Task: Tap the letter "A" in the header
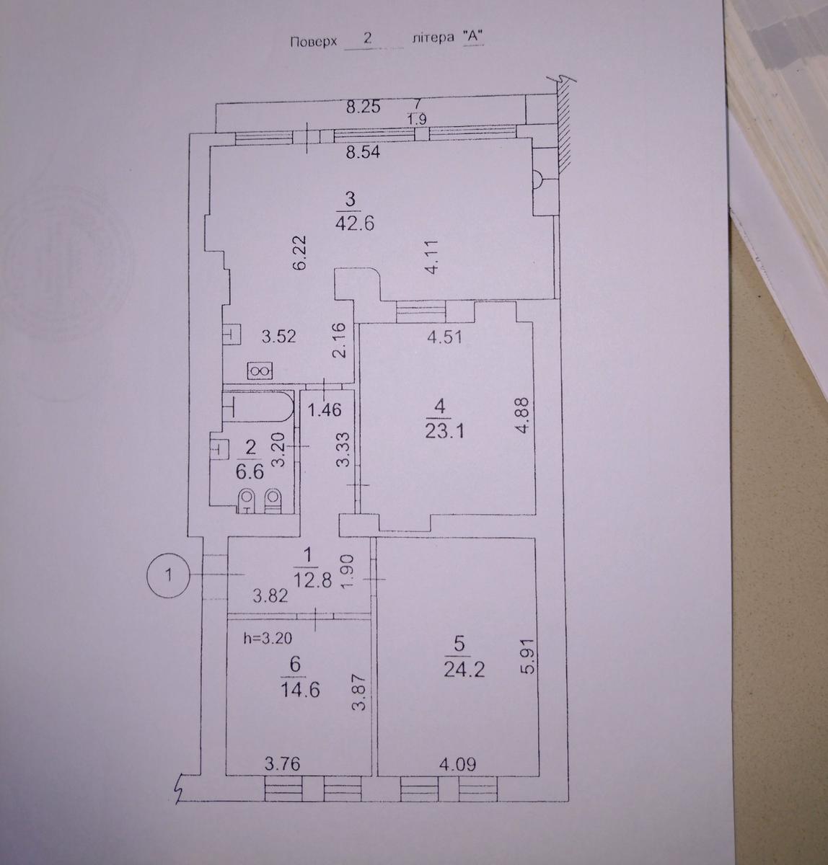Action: click(x=472, y=37)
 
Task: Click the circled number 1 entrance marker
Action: click(x=169, y=575)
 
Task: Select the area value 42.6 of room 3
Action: click(x=354, y=222)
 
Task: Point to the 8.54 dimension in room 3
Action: click(x=364, y=153)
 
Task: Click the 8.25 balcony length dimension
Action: click(x=364, y=107)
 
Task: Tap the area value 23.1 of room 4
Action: click(x=444, y=430)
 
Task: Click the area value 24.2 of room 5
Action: click(x=464, y=668)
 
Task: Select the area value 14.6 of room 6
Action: click(x=300, y=690)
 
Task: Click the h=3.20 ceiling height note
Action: click(x=268, y=639)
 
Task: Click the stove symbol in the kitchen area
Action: click(x=259, y=371)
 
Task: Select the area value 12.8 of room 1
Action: click(x=312, y=580)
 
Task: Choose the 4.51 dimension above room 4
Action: click(x=444, y=337)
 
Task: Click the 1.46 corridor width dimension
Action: click(x=325, y=409)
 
